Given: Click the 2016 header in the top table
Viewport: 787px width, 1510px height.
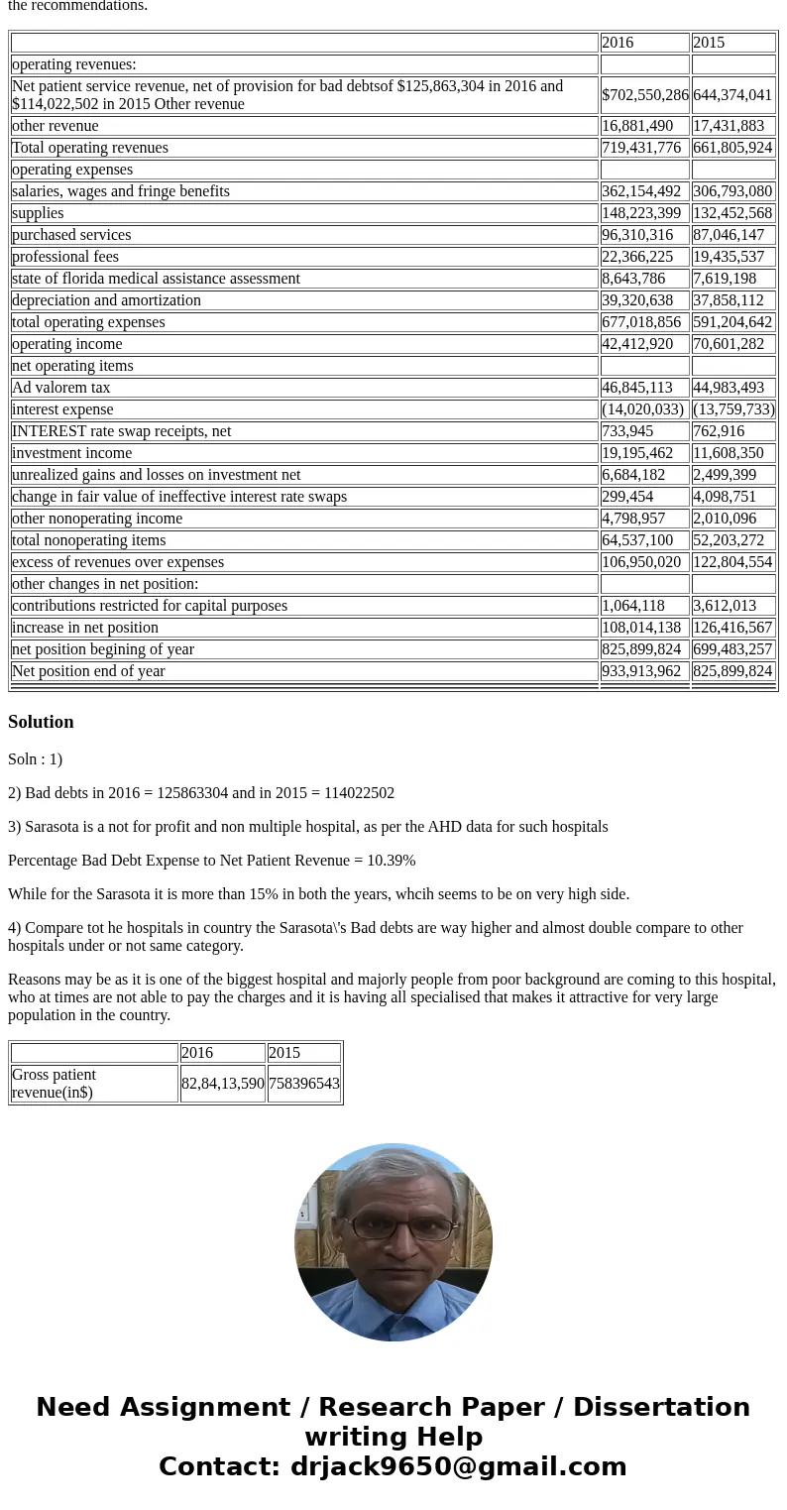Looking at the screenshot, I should coord(618,43).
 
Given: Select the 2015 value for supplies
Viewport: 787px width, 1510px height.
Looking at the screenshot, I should coord(732,213).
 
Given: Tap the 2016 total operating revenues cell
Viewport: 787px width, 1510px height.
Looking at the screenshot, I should coord(641,148).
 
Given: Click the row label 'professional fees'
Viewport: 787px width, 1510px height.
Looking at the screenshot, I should coord(65,257).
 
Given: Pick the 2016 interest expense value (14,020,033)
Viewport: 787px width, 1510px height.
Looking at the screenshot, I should coord(642,409).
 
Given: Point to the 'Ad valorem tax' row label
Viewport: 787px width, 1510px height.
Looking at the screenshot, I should coord(61,388).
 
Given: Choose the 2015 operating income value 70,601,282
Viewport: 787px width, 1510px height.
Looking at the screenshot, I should coord(732,344).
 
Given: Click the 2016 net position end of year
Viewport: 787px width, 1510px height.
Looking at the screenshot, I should coord(641,671).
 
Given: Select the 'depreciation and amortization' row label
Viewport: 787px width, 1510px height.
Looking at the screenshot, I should coord(106,300).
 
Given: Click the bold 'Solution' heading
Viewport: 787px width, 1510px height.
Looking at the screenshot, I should coord(41,722).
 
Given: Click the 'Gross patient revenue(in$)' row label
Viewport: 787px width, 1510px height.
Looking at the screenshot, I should coord(55,1084).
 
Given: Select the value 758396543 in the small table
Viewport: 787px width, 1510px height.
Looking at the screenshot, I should coord(304,1084).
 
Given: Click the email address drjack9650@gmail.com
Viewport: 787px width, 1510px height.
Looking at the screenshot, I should coord(458,1466).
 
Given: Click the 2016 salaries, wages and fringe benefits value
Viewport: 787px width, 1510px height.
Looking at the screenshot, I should coord(641,191).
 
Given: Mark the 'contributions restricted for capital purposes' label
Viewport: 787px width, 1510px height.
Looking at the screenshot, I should coord(150,606).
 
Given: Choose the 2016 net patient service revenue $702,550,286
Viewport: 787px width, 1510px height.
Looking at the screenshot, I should coord(645,95).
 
